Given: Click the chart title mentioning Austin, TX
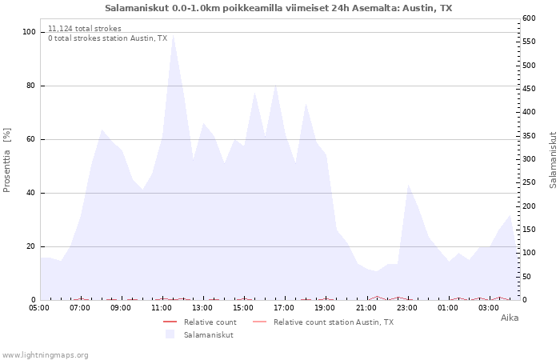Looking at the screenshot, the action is [278, 8].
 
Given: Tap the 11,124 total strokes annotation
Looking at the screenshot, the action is [85, 29].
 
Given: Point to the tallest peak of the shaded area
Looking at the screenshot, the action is [173, 35].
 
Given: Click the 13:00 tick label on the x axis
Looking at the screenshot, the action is [202, 308].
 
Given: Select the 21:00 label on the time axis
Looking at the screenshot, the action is [366, 308].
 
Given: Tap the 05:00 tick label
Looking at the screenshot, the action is [39, 308].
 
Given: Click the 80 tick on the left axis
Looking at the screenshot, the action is [30, 86].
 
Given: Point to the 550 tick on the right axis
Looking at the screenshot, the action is [529, 42].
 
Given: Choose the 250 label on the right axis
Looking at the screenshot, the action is [529, 182].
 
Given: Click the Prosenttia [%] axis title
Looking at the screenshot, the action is [6, 160].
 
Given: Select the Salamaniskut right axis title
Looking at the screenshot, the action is [553, 160].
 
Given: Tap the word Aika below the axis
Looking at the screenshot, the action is [510, 318].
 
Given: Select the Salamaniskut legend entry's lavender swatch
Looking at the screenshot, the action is [170, 334].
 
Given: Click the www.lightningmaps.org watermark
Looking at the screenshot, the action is [45, 355].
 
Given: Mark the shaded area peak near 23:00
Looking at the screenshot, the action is [408, 185].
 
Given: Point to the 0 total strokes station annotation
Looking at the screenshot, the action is [107, 38].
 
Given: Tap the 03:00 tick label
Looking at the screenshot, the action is [488, 308].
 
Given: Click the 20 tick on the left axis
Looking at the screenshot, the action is [30, 246].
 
